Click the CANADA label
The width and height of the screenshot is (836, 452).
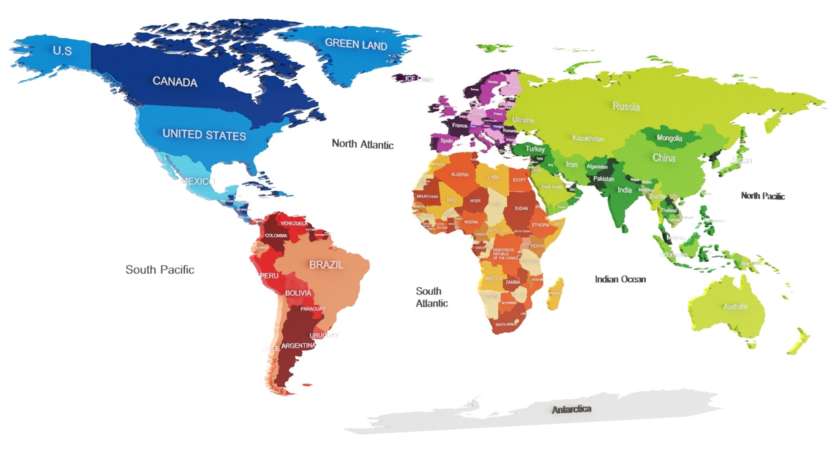[175, 81]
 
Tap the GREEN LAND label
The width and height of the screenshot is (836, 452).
[356, 44]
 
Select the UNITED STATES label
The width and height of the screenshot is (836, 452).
[204, 135]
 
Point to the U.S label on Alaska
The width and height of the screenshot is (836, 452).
[62, 51]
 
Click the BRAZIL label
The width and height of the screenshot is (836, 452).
[326, 265]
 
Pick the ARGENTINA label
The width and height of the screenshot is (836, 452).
[298, 346]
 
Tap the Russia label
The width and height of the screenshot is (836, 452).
[626, 107]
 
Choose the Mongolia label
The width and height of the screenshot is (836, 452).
[669, 138]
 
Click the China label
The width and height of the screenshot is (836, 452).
[664, 158]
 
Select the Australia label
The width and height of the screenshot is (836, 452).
[735, 307]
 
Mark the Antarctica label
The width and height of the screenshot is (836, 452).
[571, 409]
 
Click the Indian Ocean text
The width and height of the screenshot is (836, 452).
[620, 280]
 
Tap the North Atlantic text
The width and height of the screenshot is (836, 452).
[362, 144]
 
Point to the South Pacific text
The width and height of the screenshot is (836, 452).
[160, 270]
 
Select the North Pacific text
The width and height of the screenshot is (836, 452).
[762, 196]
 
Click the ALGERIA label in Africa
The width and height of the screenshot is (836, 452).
[459, 174]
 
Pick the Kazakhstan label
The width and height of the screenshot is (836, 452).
[588, 138]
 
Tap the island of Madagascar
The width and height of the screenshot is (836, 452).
[555, 294]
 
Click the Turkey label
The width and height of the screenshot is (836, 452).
[535, 149]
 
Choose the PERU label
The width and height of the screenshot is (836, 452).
[269, 276]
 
